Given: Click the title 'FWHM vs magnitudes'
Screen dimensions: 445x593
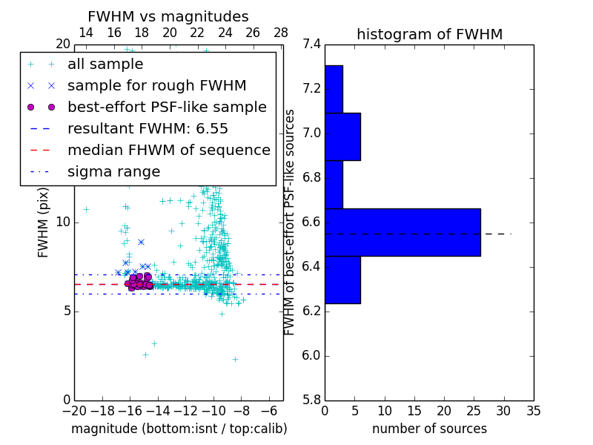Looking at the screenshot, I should click(x=168, y=17).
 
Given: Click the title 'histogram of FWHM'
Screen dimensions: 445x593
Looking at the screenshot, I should click(x=429, y=34).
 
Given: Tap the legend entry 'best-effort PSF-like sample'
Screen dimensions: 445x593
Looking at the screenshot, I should click(x=167, y=107).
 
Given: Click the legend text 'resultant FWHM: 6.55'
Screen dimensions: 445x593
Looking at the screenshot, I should click(x=148, y=128).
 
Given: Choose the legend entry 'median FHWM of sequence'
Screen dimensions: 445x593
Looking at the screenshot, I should click(x=168, y=150).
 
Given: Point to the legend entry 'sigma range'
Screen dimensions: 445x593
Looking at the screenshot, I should click(x=113, y=171).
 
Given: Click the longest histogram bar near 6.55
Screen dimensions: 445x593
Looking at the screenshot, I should click(x=402, y=232).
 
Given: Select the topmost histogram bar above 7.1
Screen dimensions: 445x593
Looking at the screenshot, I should click(x=334, y=89).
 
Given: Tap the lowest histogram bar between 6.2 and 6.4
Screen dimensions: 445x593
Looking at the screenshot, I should click(x=342, y=280).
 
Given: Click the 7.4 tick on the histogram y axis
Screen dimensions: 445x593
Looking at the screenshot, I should click(x=311, y=44).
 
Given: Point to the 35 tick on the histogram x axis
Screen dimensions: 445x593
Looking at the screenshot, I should click(x=533, y=410).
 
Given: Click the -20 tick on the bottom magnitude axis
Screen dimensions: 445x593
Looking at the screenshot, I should click(x=74, y=410).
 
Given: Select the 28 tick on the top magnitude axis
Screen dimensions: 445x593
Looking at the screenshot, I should click(x=281, y=33).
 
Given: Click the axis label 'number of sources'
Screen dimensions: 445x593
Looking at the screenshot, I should click(x=429, y=429).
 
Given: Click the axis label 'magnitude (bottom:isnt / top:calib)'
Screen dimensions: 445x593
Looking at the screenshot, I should click(x=179, y=429).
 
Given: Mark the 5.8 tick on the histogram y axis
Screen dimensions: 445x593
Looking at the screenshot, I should click(x=311, y=400).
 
